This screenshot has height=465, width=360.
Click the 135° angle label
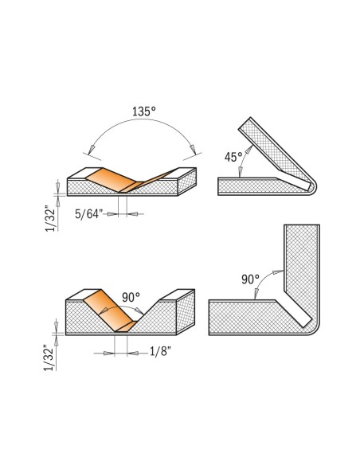tap(144, 111)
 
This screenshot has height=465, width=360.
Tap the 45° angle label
tap(233, 157)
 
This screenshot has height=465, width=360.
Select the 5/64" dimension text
tap(88, 214)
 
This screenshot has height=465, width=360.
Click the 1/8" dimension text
tap(160, 352)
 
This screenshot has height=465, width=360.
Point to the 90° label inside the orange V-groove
tap(131, 297)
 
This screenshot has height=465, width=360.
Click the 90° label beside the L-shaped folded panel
tap(250, 279)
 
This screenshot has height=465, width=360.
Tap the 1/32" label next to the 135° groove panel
tap(51, 218)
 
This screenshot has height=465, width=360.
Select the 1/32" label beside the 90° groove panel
tap(49, 358)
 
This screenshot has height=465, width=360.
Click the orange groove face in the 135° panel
tap(112, 179)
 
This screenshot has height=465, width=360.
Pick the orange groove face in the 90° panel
tap(109, 310)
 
